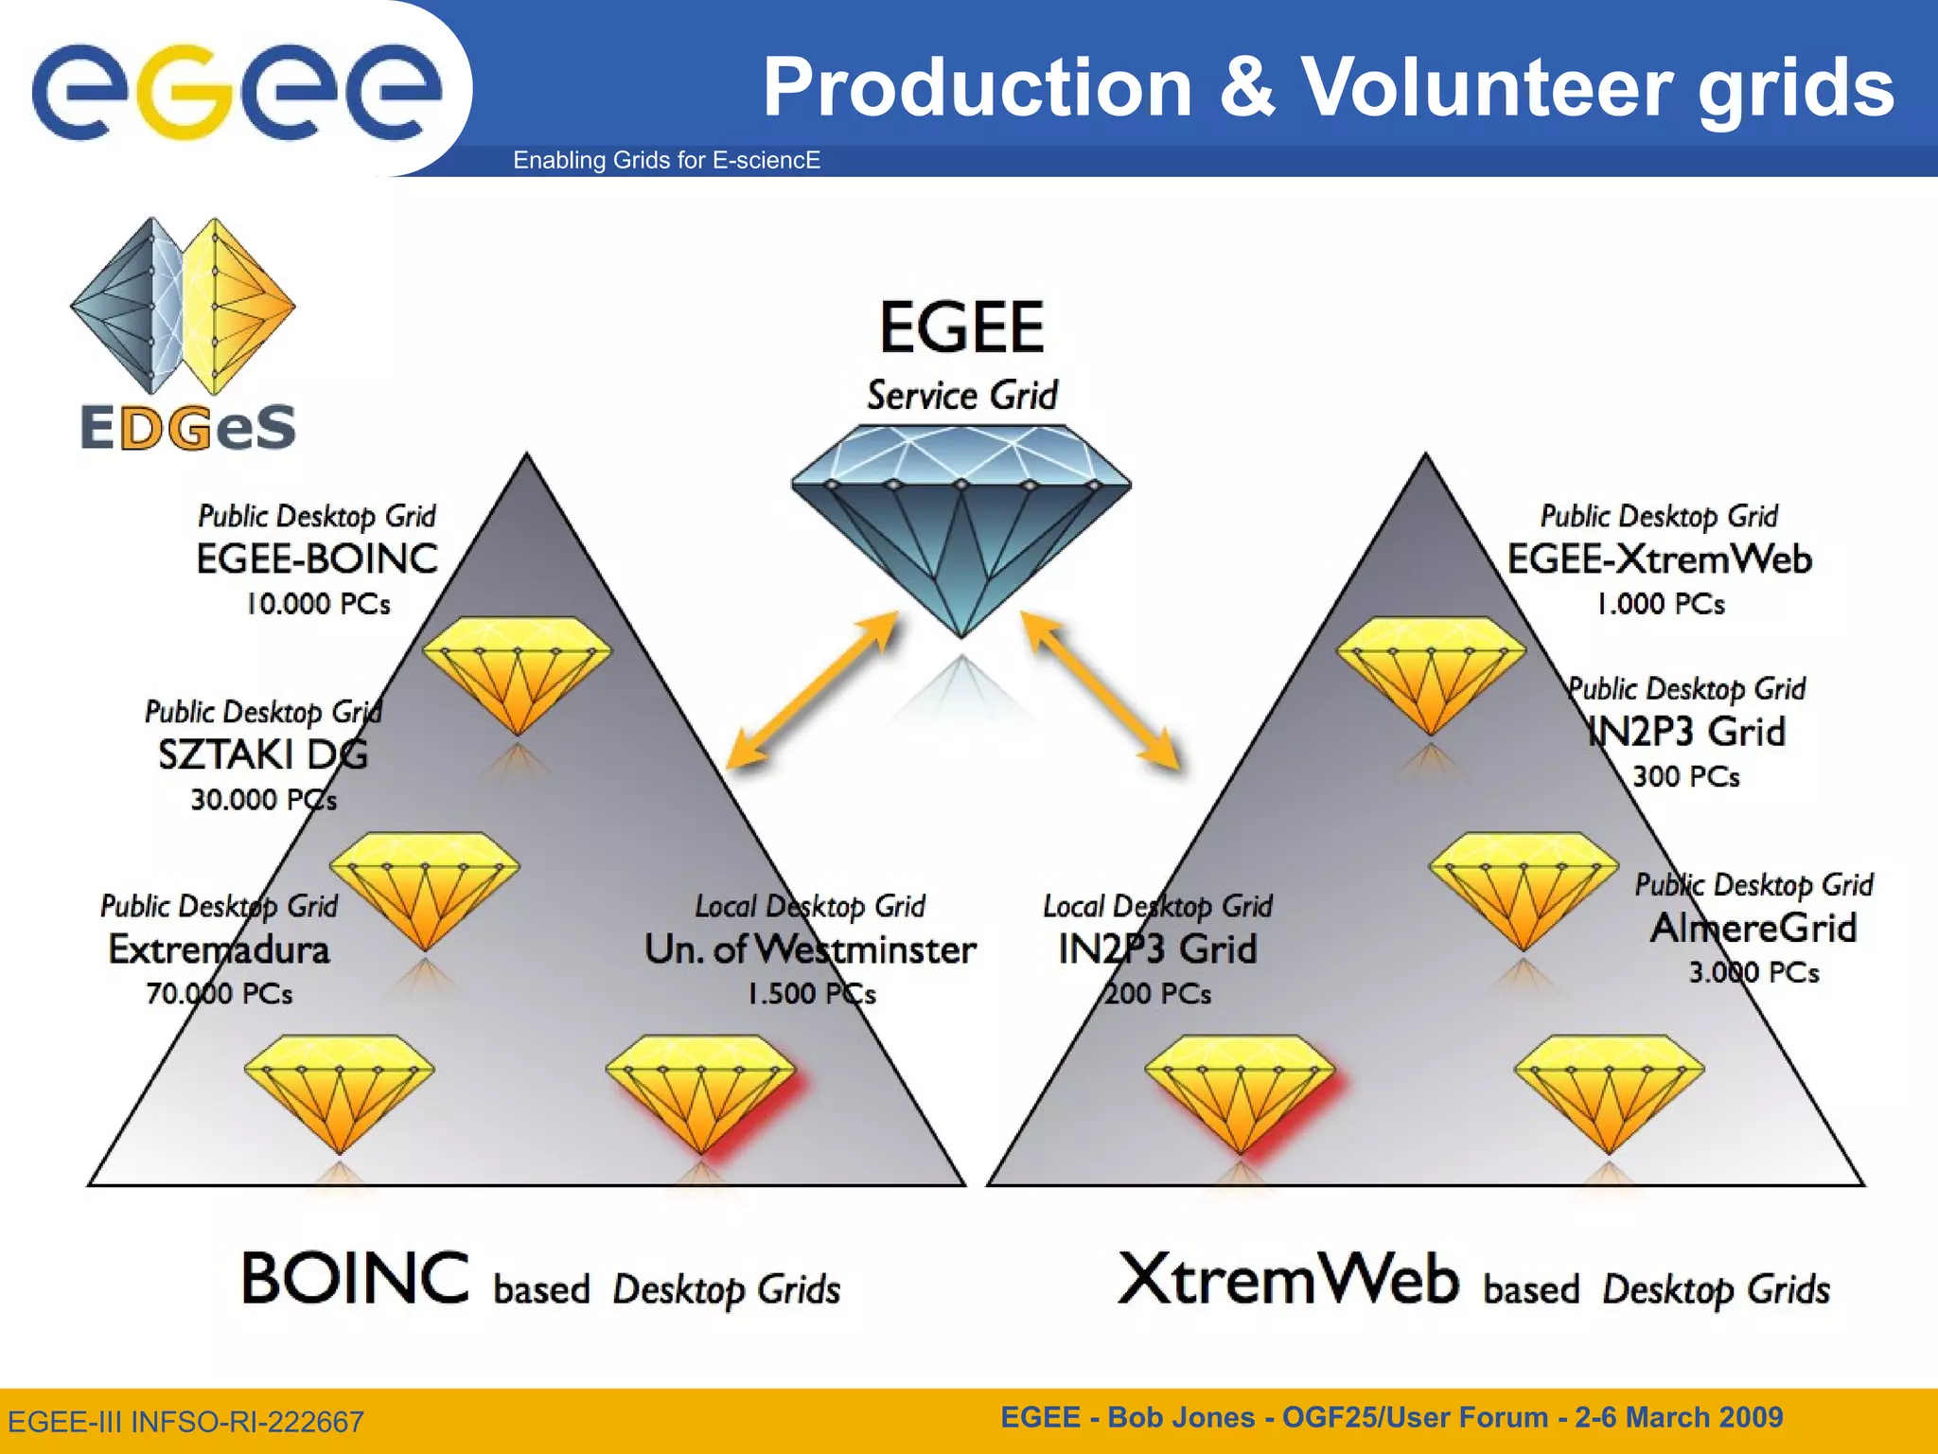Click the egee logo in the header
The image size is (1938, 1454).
(237, 90)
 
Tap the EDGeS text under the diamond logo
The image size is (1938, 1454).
(188, 427)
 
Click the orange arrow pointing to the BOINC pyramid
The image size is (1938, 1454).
(812, 689)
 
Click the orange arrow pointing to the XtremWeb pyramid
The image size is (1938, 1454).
(1101, 689)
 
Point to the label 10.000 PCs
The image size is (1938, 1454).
(318, 604)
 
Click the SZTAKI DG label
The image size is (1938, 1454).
(262, 754)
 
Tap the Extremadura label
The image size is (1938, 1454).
(219, 949)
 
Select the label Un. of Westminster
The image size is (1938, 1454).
(810, 949)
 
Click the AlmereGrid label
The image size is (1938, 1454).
(1753, 928)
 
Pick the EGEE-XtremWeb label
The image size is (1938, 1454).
(1659, 559)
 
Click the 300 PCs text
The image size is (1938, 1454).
(1686, 777)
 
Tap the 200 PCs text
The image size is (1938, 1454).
(1157, 994)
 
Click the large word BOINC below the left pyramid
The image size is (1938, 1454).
(355, 1278)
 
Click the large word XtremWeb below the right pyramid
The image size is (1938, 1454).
(1288, 1280)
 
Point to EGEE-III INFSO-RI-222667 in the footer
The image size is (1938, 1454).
(185, 1422)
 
